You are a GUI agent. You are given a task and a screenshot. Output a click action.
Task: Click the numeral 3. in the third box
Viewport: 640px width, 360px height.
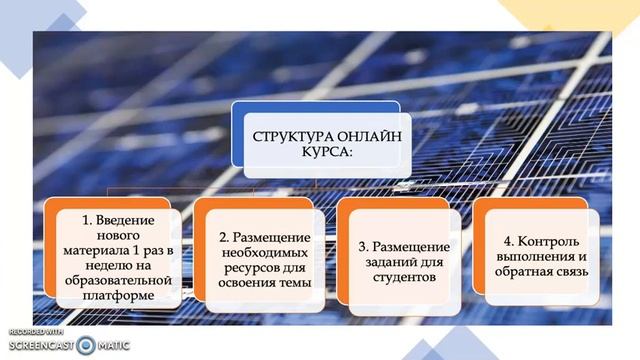click(x=365, y=246)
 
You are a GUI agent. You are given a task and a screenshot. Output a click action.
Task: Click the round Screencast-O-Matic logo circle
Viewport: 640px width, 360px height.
click(x=85, y=345)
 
